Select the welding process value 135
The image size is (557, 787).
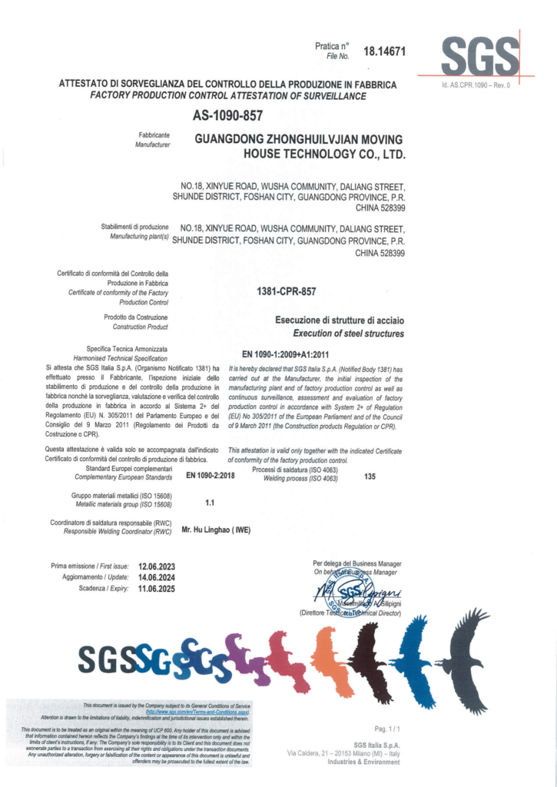pos(370,477)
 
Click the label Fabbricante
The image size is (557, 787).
pos(154,135)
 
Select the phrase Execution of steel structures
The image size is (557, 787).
pos(348,334)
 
